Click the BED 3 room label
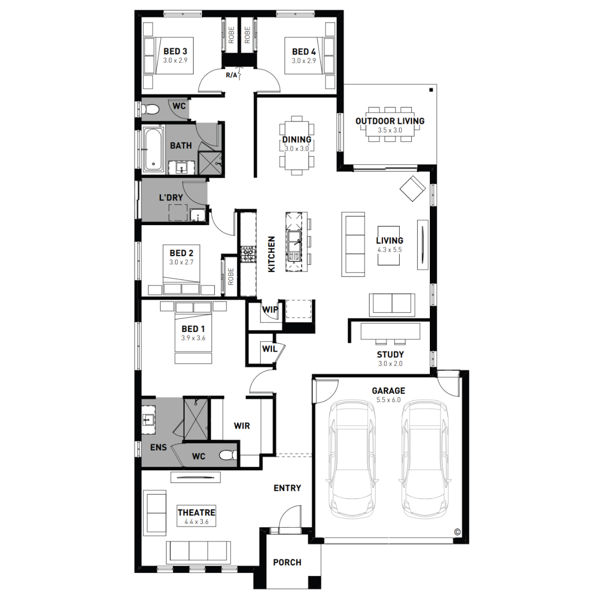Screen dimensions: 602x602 tap(175, 51)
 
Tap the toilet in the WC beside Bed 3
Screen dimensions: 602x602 tap(150, 109)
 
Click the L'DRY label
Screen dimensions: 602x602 tap(171, 197)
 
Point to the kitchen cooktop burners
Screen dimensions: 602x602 tap(248, 254)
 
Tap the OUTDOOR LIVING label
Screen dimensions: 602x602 tap(390, 121)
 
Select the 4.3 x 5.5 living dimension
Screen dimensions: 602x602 tap(389, 250)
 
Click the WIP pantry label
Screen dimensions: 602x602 tap(270, 310)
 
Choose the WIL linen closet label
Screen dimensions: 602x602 tap(270, 349)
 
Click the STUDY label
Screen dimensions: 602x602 tap(390, 355)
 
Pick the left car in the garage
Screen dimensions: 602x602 tap(352, 459)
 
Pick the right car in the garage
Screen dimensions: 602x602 tap(425, 459)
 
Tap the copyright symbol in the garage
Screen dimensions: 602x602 tap(457, 532)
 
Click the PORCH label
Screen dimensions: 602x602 tap(287, 563)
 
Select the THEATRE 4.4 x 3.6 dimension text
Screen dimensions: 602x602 tap(197, 522)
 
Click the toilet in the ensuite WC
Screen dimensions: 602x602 tap(228, 455)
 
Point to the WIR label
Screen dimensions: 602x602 tap(242, 426)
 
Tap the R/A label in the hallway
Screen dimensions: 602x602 tap(232, 75)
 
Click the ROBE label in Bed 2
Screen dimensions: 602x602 tap(231, 277)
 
